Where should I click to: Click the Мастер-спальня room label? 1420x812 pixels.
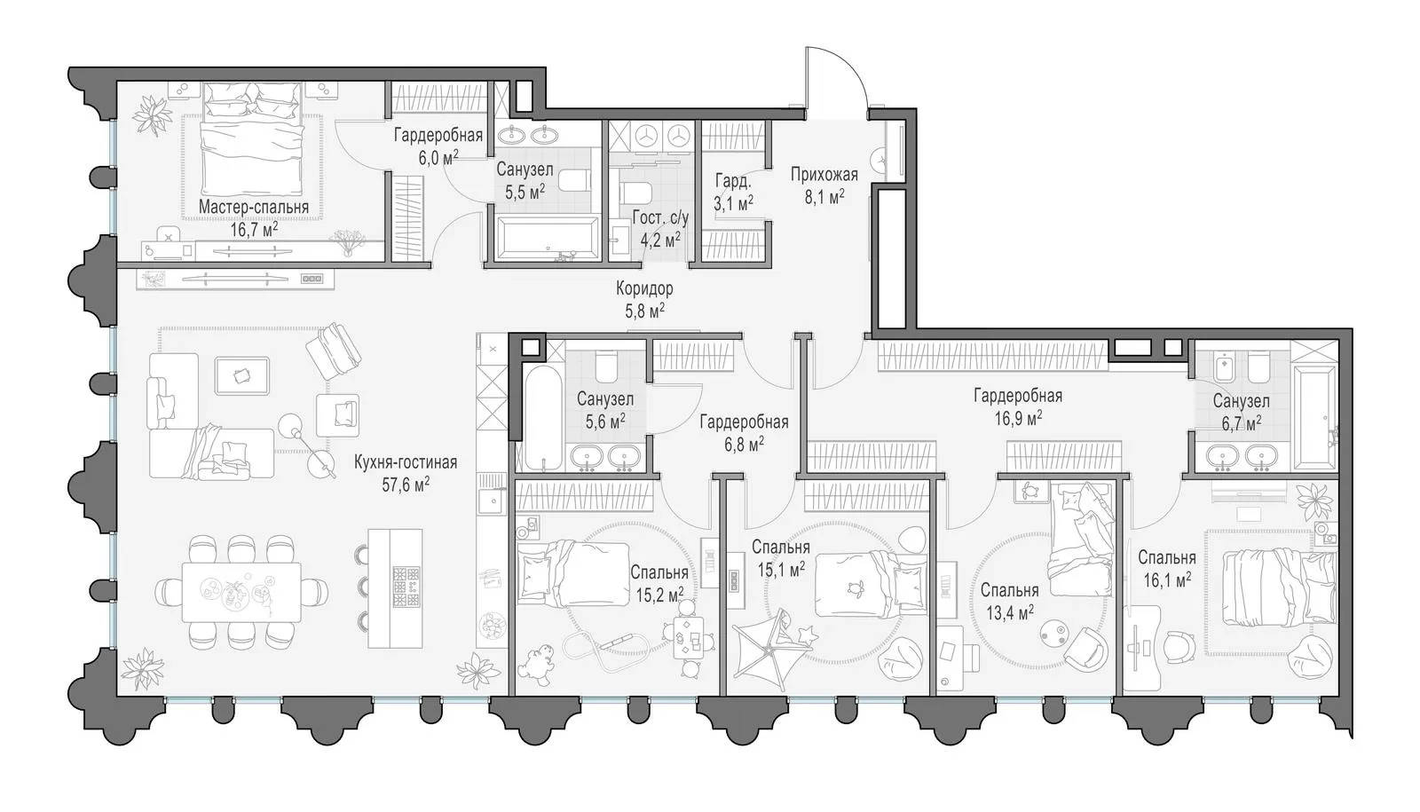(x=254, y=207)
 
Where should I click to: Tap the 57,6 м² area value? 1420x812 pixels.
(x=406, y=485)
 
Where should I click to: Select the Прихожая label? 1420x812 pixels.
(x=824, y=174)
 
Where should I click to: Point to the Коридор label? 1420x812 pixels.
(x=644, y=289)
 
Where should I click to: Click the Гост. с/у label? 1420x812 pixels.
(x=660, y=218)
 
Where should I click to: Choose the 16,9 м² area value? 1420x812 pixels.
(x=1018, y=418)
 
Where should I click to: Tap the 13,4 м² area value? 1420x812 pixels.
(x=1010, y=612)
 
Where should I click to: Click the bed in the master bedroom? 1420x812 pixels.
(x=252, y=139)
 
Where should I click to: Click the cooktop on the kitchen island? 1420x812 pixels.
(x=406, y=587)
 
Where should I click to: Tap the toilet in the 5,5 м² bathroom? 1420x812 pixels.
(x=576, y=181)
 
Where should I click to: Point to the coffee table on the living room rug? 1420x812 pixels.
(x=241, y=376)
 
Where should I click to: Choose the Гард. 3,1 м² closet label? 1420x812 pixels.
(x=733, y=192)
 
